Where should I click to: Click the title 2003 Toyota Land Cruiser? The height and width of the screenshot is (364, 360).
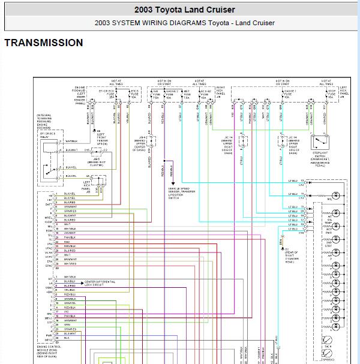(x=184, y=10)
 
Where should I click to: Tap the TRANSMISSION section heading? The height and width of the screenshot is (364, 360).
(x=43, y=43)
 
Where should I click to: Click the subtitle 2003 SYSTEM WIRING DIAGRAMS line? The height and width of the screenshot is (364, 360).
(x=184, y=23)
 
